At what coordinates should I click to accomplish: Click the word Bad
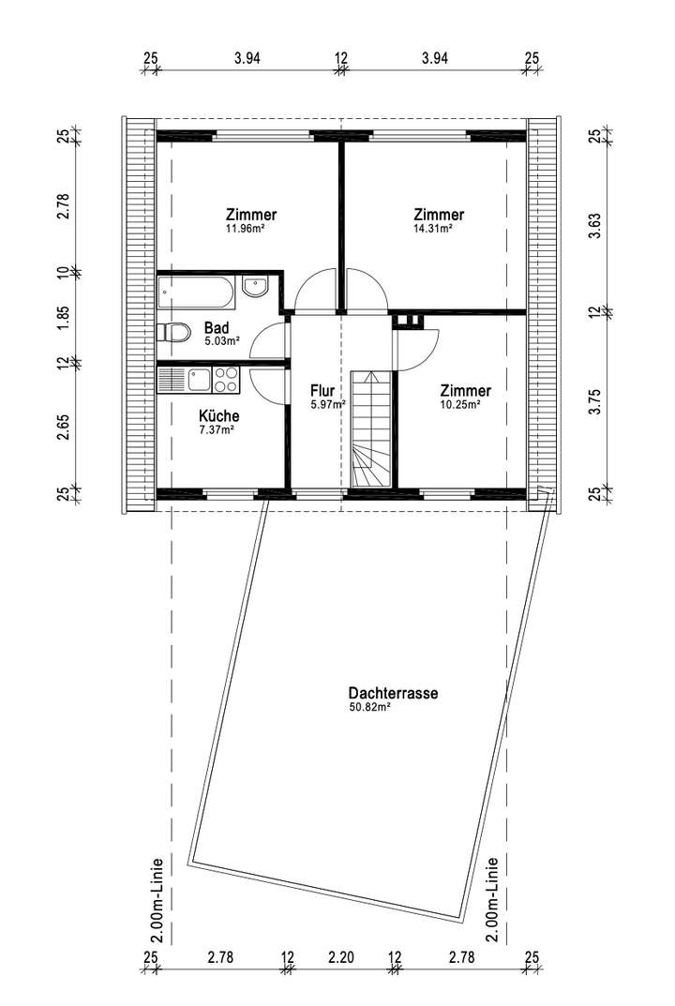[x=216, y=328]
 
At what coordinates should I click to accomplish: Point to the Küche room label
[x=218, y=415]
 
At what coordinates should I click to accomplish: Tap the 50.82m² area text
[x=369, y=708]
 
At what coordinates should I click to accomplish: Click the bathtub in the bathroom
[x=197, y=291]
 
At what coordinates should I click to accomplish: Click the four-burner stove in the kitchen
[x=226, y=379]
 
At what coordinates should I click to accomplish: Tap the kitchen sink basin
[x=199, y=379]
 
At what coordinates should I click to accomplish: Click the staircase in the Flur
[x=368, y=429]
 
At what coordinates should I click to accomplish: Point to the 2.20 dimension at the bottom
[x=341, y=957]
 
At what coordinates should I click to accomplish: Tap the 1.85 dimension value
[x=64, y=318]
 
